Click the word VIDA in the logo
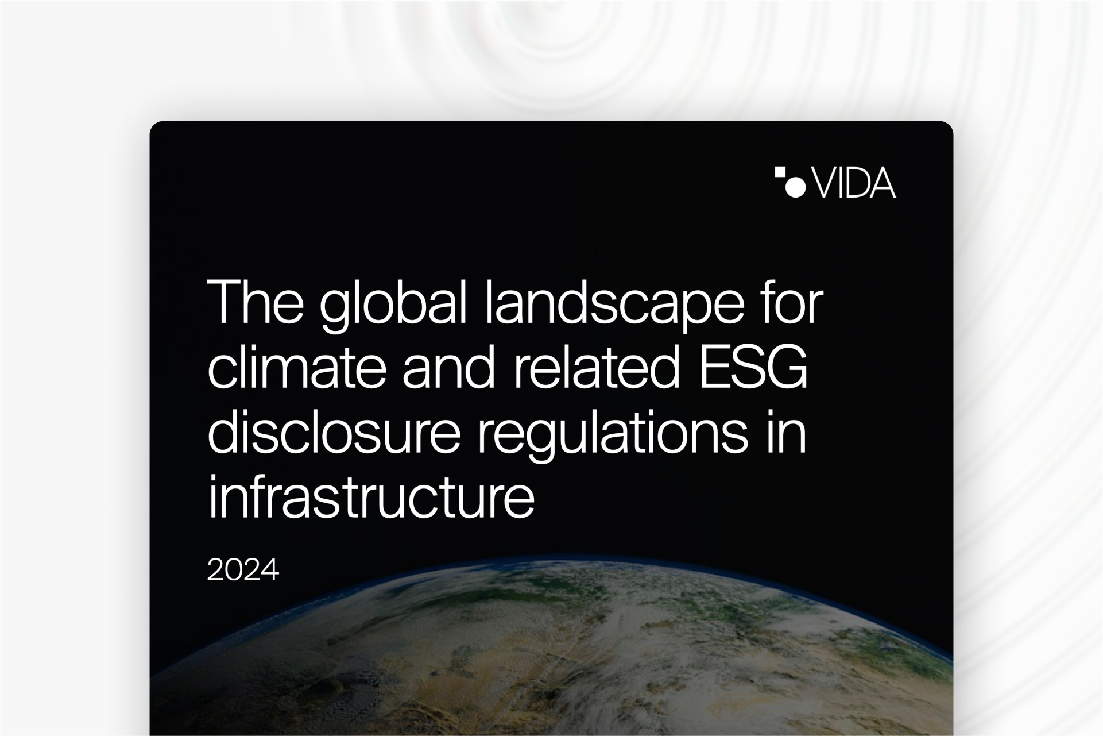(x=854, y=183)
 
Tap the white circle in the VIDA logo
(x=795, y=187)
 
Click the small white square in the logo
(x=780, y=172)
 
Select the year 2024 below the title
(x=243, y=570)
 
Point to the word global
(x=392, y=305)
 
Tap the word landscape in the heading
(x=616, y=305)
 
